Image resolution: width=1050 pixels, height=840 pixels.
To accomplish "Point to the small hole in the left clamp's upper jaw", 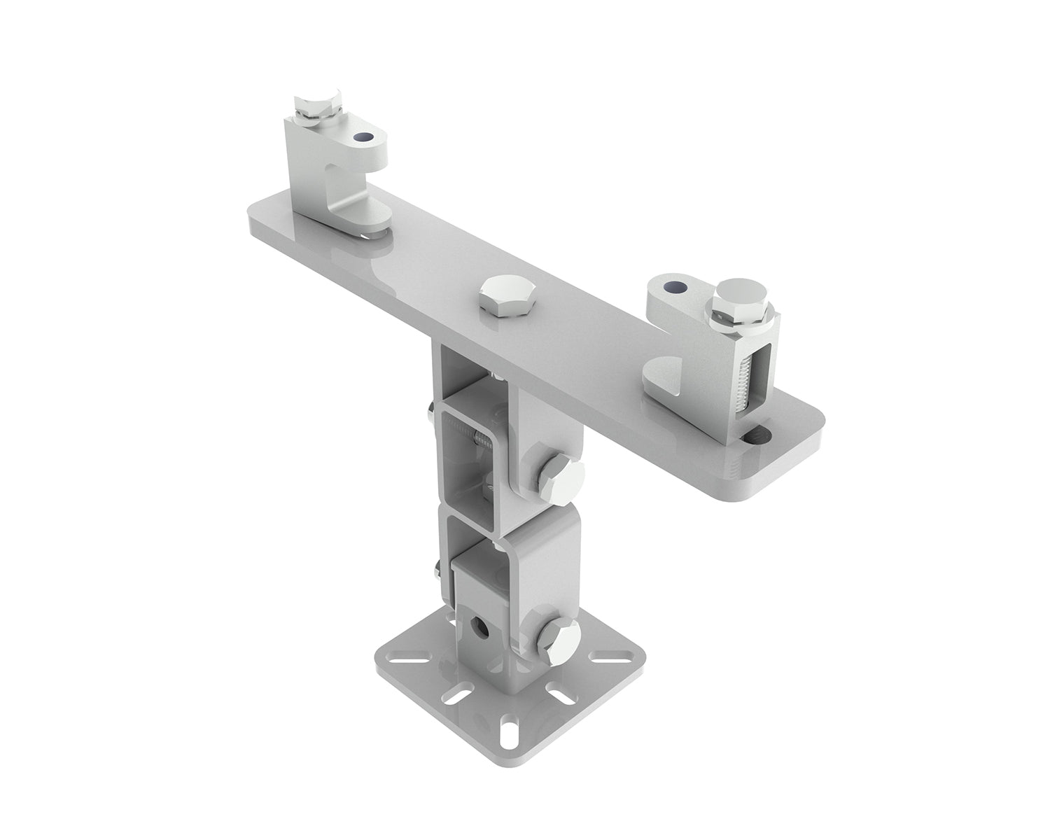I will pyautogui.click(x=362, y=139).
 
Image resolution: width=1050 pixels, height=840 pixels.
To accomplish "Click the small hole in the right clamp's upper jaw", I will pyautogui.click(x=673, y=287).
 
